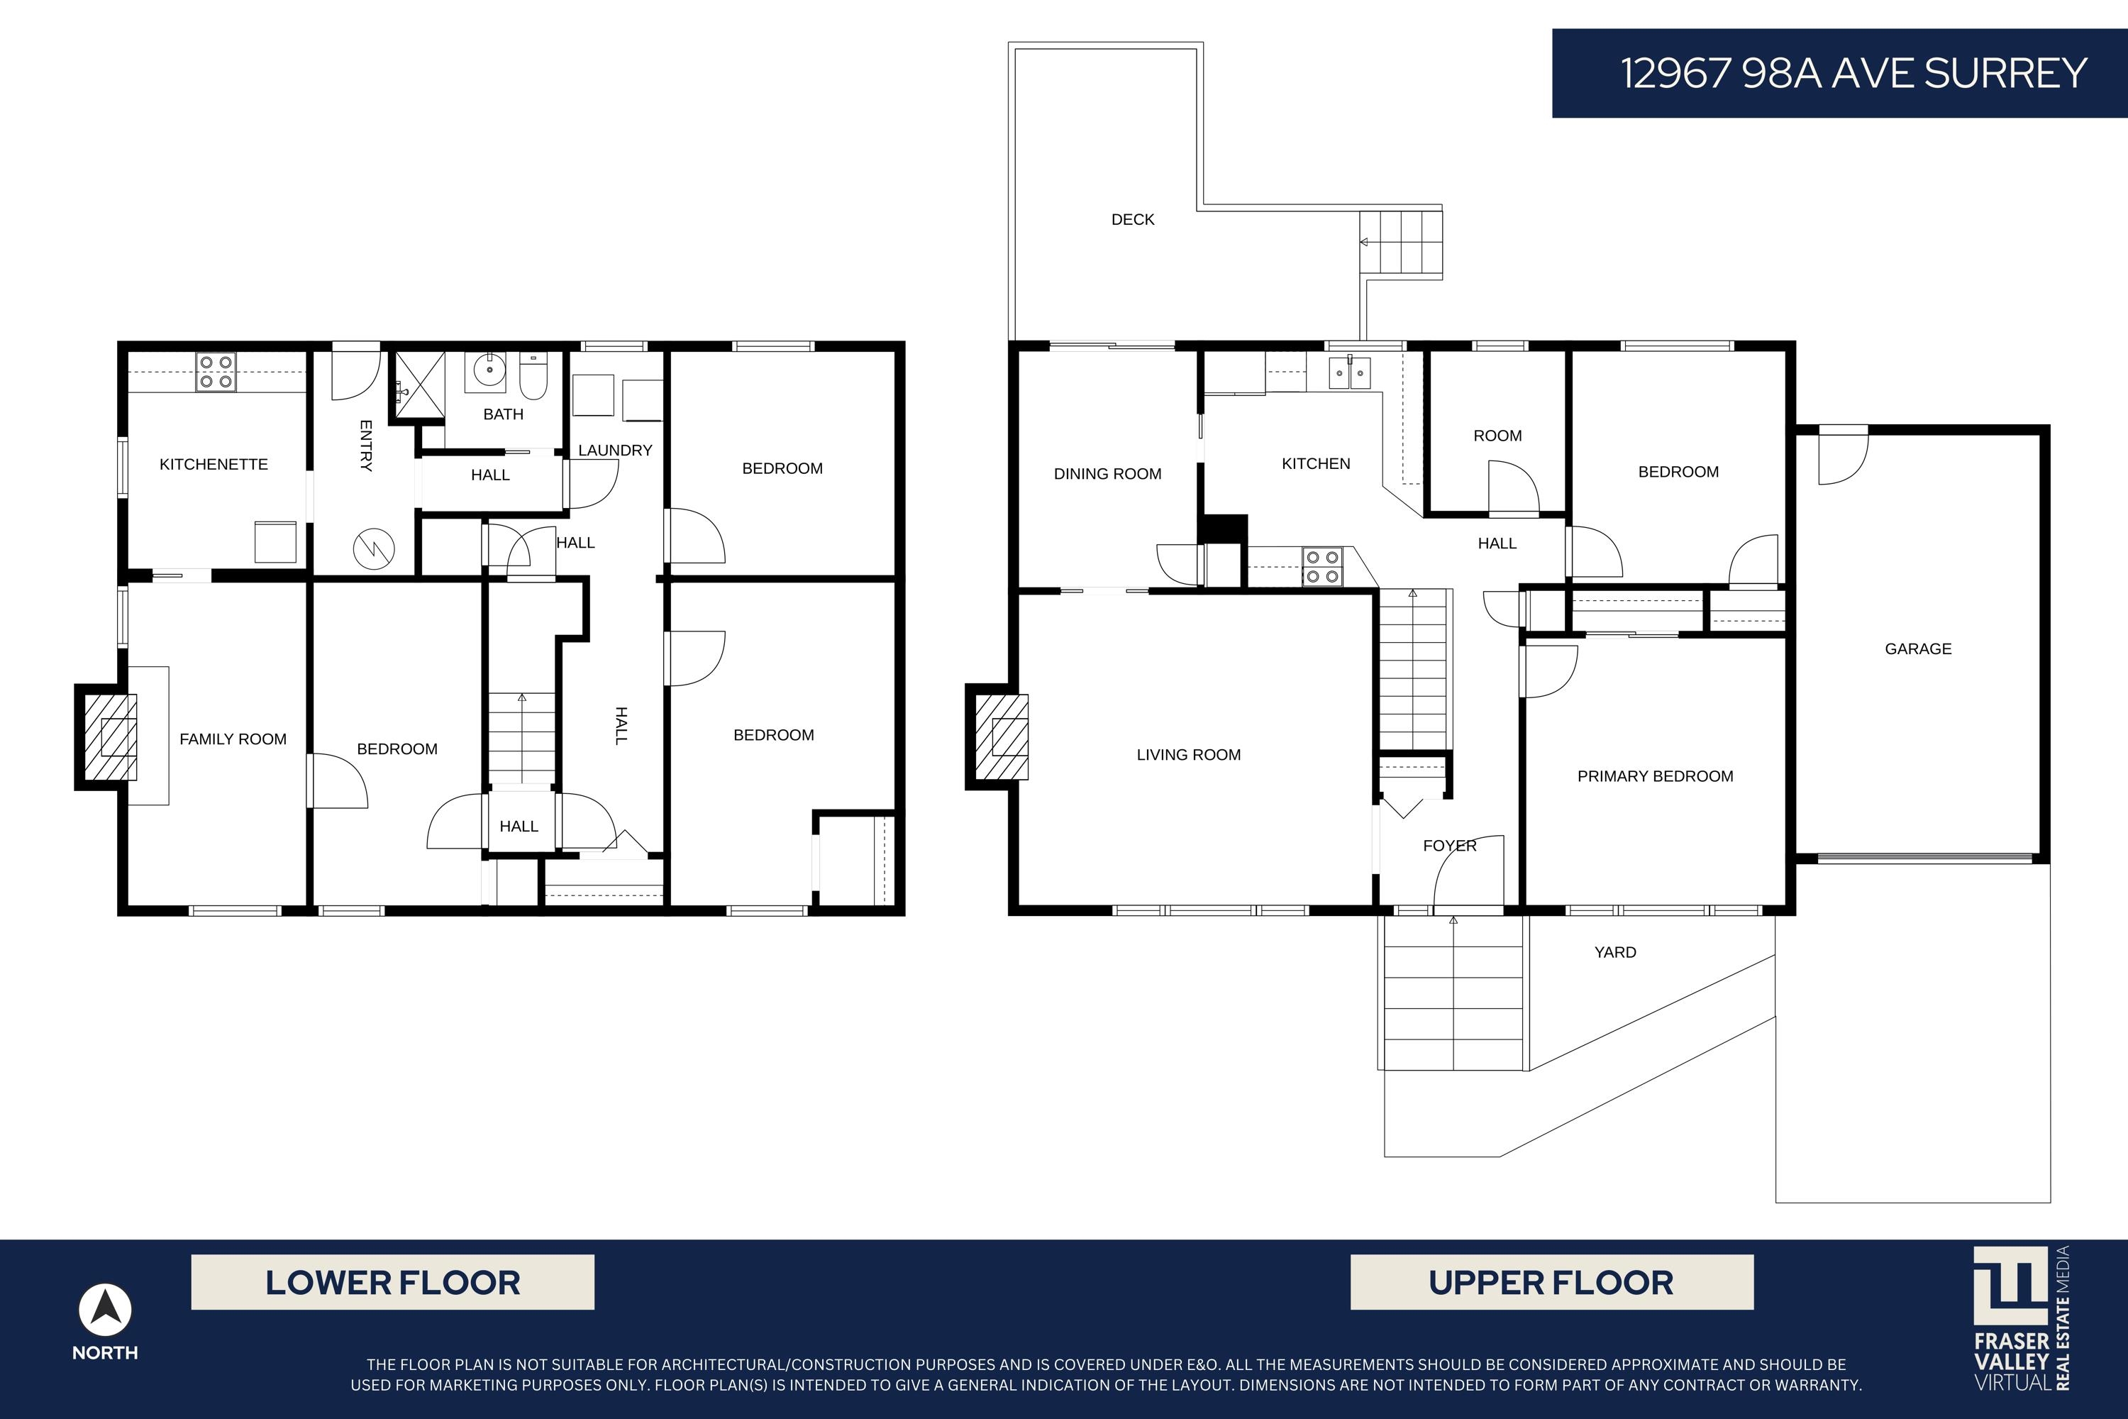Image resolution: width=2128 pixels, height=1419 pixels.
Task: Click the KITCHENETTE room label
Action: click(x=214, y=464)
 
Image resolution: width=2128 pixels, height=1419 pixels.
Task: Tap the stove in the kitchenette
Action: click(x=216, y=372)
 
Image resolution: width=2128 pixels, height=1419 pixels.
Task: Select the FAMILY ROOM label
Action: click(x=233, y=739)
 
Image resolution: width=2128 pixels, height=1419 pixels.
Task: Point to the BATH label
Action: click(x=503, y=414)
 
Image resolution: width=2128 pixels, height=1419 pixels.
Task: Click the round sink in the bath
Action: click(x=489, y=370)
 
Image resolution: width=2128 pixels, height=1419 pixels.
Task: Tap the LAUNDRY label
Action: click(x=615, y=451)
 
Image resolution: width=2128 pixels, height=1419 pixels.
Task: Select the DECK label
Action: click(x=1133, y=220)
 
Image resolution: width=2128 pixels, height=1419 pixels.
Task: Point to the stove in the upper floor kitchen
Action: click(x=1322, y=566)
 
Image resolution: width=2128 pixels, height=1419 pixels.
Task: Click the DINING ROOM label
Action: click(x=1107, y=474)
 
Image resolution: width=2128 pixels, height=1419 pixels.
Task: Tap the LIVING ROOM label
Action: click(x=1189, y=755)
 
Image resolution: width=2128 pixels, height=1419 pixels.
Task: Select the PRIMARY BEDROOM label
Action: click(x=1655, y=776)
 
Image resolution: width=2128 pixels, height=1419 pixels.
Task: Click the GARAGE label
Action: click(x=1918, y=649)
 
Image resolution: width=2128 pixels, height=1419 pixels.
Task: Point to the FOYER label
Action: click(x=1449, y=846)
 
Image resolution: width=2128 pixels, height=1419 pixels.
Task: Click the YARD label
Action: click(x=1615, y=952)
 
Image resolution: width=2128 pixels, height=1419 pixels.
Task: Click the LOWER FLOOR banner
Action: click(x=393, y=1282)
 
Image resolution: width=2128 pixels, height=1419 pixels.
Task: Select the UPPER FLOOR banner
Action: click(x=1552, y=1282)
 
